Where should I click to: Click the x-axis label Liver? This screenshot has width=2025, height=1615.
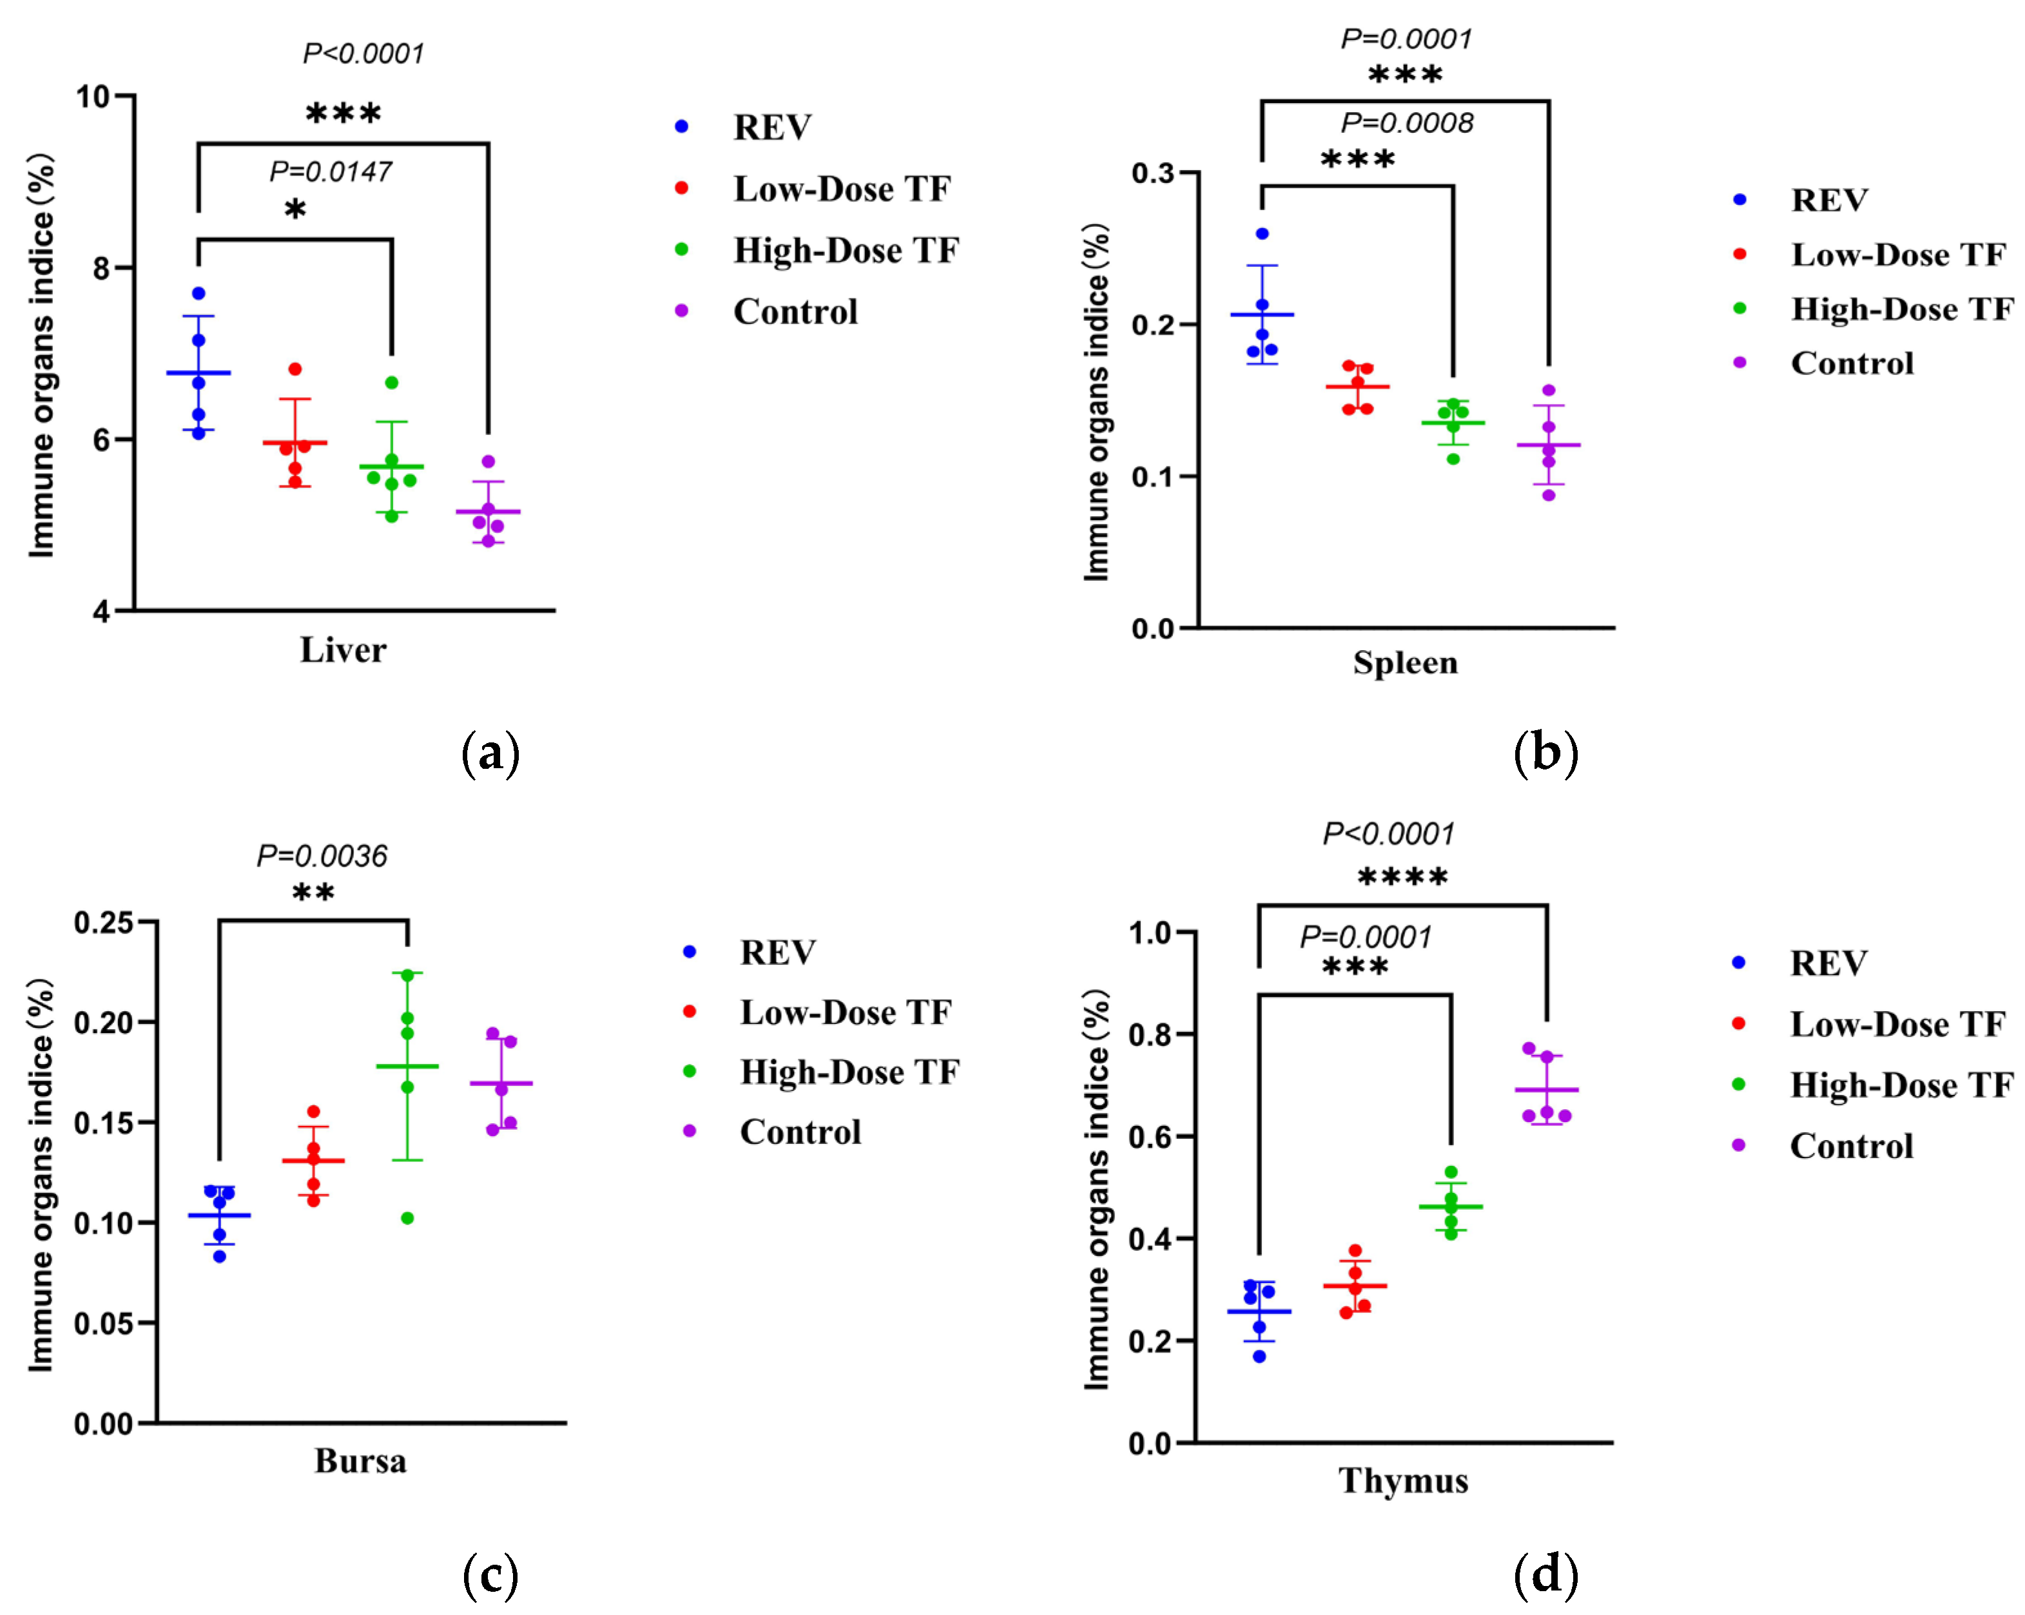[343, 650]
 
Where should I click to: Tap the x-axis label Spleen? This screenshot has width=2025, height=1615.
[1405, 663]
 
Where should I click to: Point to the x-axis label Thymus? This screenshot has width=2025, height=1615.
[1403, 1481]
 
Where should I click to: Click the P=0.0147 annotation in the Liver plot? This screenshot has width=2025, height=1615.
[331, 172]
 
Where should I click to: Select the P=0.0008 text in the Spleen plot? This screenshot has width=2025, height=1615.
[1407, 123]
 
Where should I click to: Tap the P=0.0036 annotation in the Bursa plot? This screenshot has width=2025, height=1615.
[322, 856]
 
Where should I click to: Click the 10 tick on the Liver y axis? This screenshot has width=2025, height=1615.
[93, 97]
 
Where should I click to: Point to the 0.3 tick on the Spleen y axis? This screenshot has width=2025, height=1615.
[1152, 173]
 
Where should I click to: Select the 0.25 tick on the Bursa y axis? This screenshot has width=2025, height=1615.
[103, 923]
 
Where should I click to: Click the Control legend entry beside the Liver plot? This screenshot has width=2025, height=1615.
[795, 312]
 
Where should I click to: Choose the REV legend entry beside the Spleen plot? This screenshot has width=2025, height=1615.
[1828, 200]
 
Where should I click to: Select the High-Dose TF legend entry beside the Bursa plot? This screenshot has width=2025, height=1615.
[849, 1072]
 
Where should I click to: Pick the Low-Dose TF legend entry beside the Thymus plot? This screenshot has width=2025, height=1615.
[1897, 1025]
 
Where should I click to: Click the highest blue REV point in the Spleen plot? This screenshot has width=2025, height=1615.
[1261, 234]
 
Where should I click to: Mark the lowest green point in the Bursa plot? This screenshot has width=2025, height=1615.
[407, 1219]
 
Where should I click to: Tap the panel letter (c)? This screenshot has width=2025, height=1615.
[490, 1576]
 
